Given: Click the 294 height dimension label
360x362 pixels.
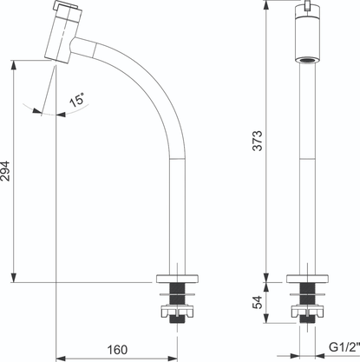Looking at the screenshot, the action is (x=5, y=171).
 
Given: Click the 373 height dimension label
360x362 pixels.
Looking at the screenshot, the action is (x=258, y=141).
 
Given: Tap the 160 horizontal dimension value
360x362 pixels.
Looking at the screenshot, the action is (x=117, y=350).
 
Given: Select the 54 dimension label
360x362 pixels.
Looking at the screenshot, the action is (x=258, y=302).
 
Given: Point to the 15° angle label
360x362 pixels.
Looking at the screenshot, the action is (x=77, y=100).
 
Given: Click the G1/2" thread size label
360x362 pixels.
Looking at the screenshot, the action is (x=344, y=347).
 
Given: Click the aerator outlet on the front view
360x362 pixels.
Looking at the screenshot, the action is (x=307, y=60).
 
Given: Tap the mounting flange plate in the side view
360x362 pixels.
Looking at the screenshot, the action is (x=177, y=279).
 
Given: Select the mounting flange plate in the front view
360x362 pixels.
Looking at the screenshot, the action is (x=308, y=279).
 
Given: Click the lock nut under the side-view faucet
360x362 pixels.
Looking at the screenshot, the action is (x=177, y=312).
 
